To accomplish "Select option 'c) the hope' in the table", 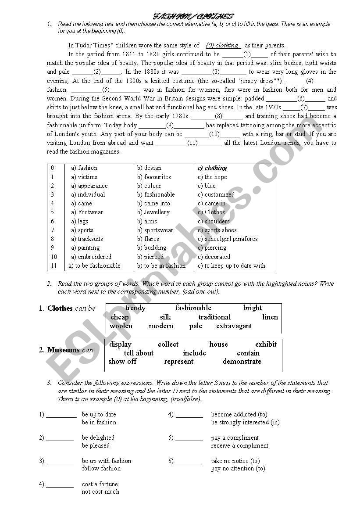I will pos(212,177).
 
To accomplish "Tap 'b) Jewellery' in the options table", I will pos(153,212).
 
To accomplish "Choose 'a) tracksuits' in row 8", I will pos(87,239).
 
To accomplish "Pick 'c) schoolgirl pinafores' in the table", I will pos(228,239).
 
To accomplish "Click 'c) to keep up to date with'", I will pos(232,265).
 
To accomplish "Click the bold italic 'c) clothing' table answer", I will pos(212,168).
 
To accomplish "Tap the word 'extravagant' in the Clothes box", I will pos(234,326).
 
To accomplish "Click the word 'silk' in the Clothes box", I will pos(165,317).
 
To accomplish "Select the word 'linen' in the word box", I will pos(270,317).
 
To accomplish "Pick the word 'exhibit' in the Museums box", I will pos(266,344).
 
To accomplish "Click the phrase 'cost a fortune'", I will pos(100,484).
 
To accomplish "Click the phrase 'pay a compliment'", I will pos(235,438).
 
